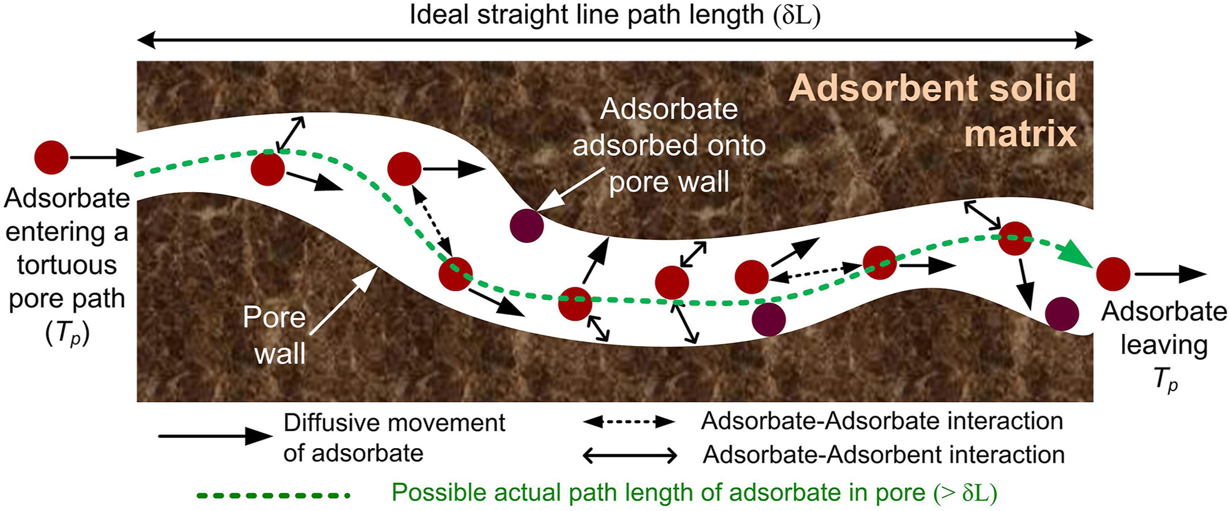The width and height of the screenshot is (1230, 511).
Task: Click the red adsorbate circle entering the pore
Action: coord(51,157)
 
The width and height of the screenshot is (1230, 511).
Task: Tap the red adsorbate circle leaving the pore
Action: coord(1113,274)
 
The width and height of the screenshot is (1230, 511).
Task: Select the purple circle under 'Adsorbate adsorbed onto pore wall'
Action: coord(527,226)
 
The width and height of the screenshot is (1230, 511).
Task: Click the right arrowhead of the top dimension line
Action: coord(1083,40)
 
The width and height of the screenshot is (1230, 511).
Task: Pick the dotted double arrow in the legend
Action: coord(629,422)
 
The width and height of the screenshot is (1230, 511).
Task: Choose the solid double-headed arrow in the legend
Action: coord(630,456)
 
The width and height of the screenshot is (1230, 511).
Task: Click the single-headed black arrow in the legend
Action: coord(215,436)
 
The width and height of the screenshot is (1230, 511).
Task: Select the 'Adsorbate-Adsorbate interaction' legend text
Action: coord(882,421)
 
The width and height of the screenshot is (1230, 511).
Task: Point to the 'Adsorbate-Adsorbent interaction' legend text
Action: coord(884,454)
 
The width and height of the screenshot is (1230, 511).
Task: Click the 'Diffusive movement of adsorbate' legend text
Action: coord(394,438)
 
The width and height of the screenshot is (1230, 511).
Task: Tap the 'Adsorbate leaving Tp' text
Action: coord(1164,345)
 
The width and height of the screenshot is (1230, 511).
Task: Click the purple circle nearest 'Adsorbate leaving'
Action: coord(1062,314)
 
